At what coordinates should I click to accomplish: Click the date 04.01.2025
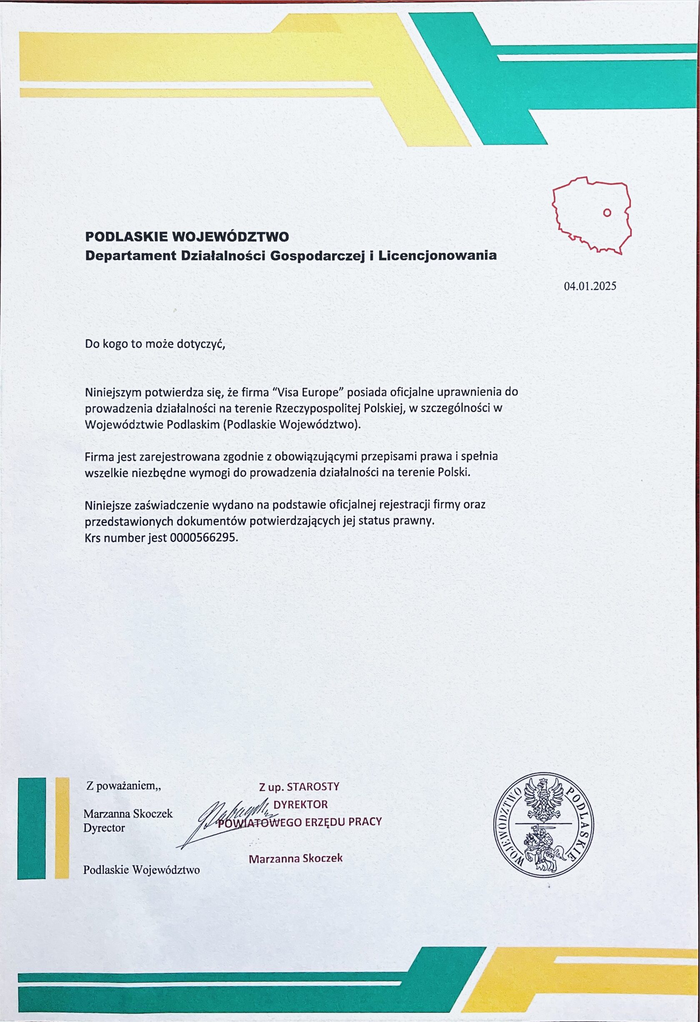tap(590, 286)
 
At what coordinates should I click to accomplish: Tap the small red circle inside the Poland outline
tap(607, 213)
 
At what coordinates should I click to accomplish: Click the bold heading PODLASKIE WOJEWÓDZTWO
tap(187, 237)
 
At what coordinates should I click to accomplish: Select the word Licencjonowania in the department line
tap(437, 255)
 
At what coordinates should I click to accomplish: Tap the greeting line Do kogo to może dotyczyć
tap(155, 344)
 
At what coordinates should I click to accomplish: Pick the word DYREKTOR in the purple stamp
tap(301, 804)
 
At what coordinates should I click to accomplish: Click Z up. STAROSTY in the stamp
tap(299, 786)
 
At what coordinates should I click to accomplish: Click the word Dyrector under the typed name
tap(104, 828)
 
